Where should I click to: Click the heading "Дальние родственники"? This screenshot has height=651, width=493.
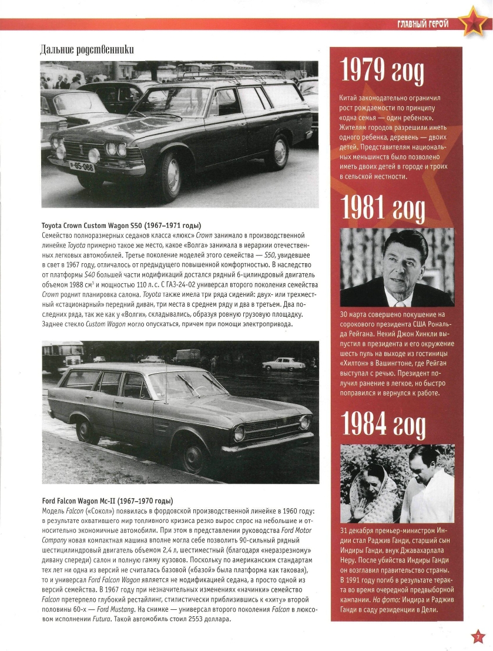86,49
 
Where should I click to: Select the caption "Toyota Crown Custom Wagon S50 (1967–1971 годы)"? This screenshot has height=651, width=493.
121,226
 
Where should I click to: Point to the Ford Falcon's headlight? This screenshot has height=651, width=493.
240,434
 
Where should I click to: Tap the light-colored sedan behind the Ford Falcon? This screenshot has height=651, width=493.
283,364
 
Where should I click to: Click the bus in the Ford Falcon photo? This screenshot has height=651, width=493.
63,354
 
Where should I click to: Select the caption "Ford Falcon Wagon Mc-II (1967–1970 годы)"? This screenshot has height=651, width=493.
108,501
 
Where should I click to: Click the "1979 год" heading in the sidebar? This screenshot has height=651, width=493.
383,71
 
